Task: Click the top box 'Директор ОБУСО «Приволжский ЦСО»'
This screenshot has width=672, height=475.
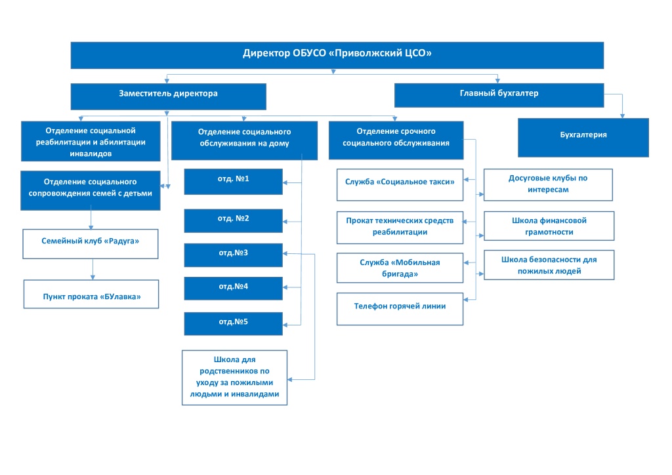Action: pyautogui.click(x=337, y=55)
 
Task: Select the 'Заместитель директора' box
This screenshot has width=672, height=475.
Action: pyautogui.click(x=169, y=96)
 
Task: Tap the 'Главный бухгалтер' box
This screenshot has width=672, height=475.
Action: pyautogui.click(x=499, y=95)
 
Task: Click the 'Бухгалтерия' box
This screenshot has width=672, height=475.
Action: pyautogui.click(x=583, y=138)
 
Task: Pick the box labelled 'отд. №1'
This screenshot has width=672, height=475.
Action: pyautogui.click(x=233, y=182)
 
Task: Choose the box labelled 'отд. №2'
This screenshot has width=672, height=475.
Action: pyautogui.click(x=233, y=220)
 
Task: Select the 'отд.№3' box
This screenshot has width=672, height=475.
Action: pyautogui.click(x=233, y=255)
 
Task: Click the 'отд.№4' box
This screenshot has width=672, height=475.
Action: pyautogui.click(x=233, y=288)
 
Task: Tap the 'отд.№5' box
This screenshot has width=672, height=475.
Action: pyautogui.click(x=233, y=323)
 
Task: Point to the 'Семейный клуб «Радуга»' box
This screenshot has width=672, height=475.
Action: pyautogui.click(x=91, y=243)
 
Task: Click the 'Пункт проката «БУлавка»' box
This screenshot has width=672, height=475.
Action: pyautogui.click(x=91, y=294)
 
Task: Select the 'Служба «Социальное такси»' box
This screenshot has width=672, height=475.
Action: pyautogui.click(x=400, y=184)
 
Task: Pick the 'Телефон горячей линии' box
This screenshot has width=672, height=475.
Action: pyautogui.click(x=400, y=309)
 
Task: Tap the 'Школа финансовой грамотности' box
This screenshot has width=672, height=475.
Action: pyautogui.click(x=549, y=226)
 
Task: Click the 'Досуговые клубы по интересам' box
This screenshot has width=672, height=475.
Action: pyautogui.click(x=548, y=184)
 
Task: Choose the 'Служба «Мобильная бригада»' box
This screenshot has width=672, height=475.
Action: pyautogui.click(x=400, y=268)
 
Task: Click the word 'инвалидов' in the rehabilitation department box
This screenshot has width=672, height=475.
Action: pyautogui.click(x=91, y=154)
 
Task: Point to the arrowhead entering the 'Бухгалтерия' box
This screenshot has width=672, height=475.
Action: pyautogui.click(x=622, y=116)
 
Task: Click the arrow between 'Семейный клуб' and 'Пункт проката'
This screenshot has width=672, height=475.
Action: pyautogui.click(x=93, y=270)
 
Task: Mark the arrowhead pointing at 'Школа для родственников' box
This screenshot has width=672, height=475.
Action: pyautogui.click(x=289, y=379)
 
